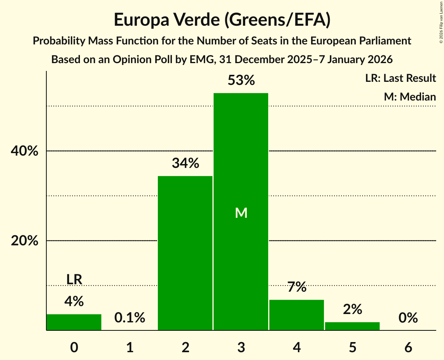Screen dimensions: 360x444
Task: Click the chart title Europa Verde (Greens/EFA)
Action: (222, 19)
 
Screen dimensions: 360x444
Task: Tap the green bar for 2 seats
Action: (185, 253)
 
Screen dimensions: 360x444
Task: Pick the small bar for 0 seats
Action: (74, 322)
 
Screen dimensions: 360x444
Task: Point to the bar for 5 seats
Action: (352, 326)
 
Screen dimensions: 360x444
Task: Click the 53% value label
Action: (241, 81)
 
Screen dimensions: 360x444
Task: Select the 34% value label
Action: (185, 164)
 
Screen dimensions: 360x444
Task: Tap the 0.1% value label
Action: (130, 318)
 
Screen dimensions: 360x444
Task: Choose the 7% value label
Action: (297, 288)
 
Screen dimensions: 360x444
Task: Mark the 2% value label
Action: (352, 310)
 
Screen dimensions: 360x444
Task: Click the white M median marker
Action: (241, 213)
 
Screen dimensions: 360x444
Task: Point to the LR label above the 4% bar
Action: (74, 279)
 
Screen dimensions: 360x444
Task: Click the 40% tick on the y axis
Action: (24, 151)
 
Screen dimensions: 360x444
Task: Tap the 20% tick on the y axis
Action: (24, 241)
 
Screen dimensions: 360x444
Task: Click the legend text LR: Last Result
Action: (400, 78)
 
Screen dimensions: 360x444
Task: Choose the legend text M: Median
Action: (410, 97)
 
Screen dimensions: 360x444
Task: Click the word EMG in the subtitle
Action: (202, 60)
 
